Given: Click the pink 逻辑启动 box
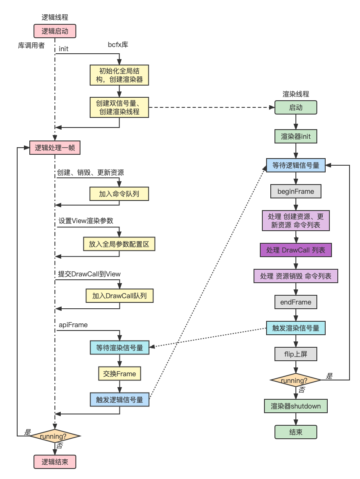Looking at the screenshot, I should tap(54, 31).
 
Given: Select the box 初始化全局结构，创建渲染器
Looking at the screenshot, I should tap(119, 75).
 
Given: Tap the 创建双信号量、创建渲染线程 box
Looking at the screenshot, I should tap(119, 107).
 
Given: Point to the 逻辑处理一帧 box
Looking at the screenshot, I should tap(54, 148).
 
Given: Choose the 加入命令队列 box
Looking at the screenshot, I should tap(119, 194).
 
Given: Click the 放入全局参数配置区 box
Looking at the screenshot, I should tap(119, 244).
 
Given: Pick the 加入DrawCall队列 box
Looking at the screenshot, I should tap(119, 296).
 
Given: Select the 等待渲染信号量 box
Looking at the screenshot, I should tap(119, 347).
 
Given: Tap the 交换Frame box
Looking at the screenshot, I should tap(119, 374).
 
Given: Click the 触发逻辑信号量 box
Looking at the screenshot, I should tap(119, 400).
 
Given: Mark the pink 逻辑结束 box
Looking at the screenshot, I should tap(54, 462).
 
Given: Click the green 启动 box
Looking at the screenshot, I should tap(295, 107).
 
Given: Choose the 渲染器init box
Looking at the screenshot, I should tap(295, 136).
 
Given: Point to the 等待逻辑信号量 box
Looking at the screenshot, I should tap(295, 165).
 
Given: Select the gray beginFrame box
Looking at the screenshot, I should tap(295, 191).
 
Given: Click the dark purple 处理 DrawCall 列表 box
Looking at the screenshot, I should tap(295, 250).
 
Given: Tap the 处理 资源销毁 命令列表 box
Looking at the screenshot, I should tap(295, 276).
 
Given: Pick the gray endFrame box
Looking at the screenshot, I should tap(295, 302).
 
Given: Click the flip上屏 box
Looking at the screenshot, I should tap(295, 354).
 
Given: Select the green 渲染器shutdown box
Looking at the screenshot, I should tap(295, 406).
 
